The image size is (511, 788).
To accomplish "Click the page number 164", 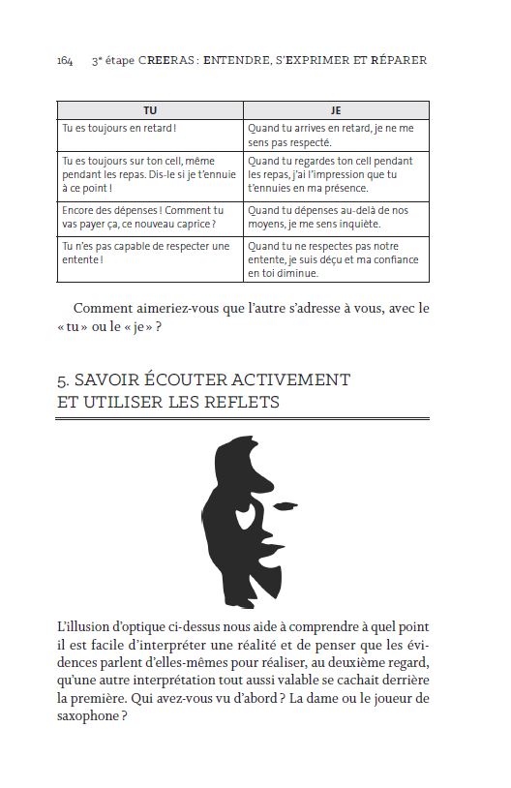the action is click(65, 60).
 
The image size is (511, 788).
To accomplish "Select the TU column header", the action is click(149, 110).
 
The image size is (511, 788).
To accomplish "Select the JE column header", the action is click(335, 110).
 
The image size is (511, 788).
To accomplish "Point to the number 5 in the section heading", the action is click(62, 379).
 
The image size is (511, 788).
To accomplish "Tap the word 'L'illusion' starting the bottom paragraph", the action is click(86, 627).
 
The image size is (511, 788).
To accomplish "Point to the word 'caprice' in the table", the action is click(187, 224).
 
